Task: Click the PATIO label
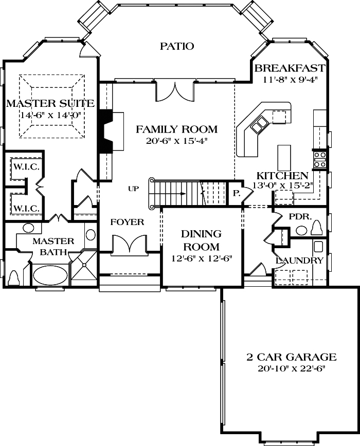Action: tap(176, 46)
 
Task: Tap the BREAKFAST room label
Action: tap(290, 68)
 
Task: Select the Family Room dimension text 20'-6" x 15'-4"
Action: tap(176, 140)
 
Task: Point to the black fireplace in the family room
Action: tap(106, 131)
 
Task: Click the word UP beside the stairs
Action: tap(134, 189)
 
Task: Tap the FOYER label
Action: tap(128, 222)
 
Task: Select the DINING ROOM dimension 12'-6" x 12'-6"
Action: tap(201, 258)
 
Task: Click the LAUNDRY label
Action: tap(299, 261)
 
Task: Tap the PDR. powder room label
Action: tap(298, 217)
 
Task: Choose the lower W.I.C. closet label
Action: tap(26, 209)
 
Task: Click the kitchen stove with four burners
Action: tap(320, 159)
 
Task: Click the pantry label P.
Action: tap(237, 193)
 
